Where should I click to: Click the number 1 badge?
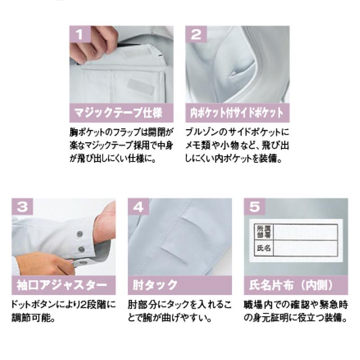[80, 34]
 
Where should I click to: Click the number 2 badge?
[196, 34]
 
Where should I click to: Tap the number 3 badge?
[22, 207]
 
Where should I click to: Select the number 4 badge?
[139, 207]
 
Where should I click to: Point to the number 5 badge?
[255, 207]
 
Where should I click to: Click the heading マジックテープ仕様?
[118, 113]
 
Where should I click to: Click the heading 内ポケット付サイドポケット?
[237, 113]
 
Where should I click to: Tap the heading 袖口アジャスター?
[62, 285]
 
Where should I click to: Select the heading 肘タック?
[155, 285]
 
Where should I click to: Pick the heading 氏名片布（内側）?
[291, 285]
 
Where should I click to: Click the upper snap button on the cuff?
[80, 234]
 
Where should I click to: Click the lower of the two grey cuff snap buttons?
[81, 249]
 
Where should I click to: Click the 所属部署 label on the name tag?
[264, 232]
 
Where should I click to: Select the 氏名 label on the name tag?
[264, 248]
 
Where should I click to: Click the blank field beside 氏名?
[306, 248]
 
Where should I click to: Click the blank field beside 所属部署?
[306, 232]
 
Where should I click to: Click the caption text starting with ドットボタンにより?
[63, 311]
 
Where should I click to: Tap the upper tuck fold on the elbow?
[193, 224]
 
